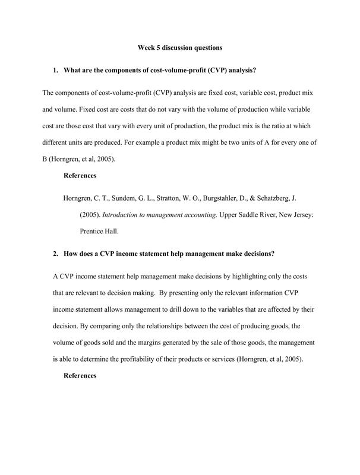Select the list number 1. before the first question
pyautogui.click(x=56, y=71)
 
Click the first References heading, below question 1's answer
pyautogui.click(x=80, y=175)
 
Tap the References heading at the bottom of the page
pyautogui.click(x=80, y=375)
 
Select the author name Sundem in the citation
pyautogui.click(x=125, y=199)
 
